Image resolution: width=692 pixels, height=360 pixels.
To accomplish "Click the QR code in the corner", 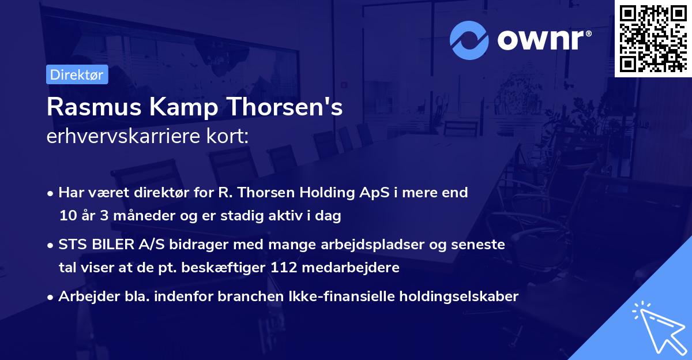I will coord(653,39).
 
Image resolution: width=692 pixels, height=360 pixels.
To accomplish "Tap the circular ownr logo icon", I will coord(469,40).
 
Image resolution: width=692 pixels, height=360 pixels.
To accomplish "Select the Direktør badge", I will coord(77,75).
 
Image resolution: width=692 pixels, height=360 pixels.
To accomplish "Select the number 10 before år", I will coord(66,216).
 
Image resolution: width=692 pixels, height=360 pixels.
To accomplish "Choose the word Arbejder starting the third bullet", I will coord(85,297).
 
